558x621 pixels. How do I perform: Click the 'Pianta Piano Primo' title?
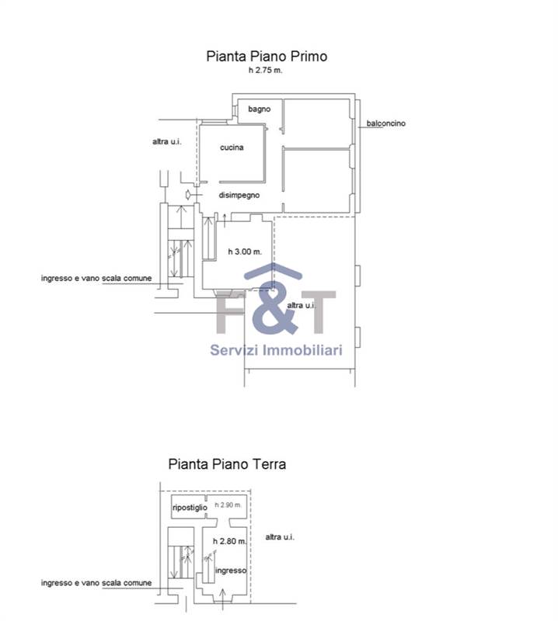click(x=267, y=56)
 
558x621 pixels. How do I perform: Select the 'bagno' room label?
click(x=260, y=109)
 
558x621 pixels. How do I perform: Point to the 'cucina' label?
click(x=232, y=147)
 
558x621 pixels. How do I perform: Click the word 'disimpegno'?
click(x=239, y=196)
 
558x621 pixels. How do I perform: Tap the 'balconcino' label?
click(x=386, y=123)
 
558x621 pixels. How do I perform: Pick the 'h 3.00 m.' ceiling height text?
click(x=245, y=252)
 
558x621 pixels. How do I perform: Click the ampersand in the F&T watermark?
click(x=271, y=310)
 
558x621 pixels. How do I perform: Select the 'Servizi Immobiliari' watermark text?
click(x=276, y=350)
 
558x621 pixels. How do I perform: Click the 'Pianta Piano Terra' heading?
click(x=227, y=464)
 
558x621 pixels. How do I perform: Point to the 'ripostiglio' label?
click(x=190, y=508)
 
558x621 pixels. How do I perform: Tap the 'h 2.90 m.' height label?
click(x=228, y=505)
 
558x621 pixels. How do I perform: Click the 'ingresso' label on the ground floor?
click(x=232, y=571)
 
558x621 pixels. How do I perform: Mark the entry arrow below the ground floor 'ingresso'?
click(x=224, y=596)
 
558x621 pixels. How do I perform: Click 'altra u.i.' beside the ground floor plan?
click(x=279, y=537)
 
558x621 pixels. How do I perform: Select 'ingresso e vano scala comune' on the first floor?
click(x=96, y=278)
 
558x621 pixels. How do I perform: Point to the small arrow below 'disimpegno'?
click(x=225, y=218)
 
